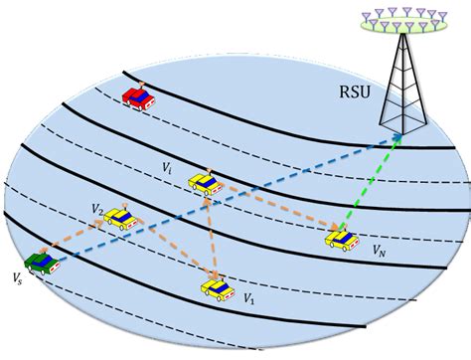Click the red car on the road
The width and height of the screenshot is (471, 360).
pyautogui.click(x=138, y=95)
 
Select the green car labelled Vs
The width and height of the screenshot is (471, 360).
pyautogui.click(x=42, y=262)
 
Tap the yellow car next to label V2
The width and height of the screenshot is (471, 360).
pyautogui.click(x=120, y=219)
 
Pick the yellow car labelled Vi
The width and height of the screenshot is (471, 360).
pyautogui.click(x=206, y=184)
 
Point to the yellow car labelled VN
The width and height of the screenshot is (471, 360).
pyautogui.click(x=340, y=238)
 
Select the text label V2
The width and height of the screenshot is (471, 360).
pyautogui.click(x=95, y=209)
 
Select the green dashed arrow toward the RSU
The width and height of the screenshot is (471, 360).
pyautogui.click(x=370, y=185)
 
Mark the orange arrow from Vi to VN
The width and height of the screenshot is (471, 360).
pyautogui.click(x=273, y=210)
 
